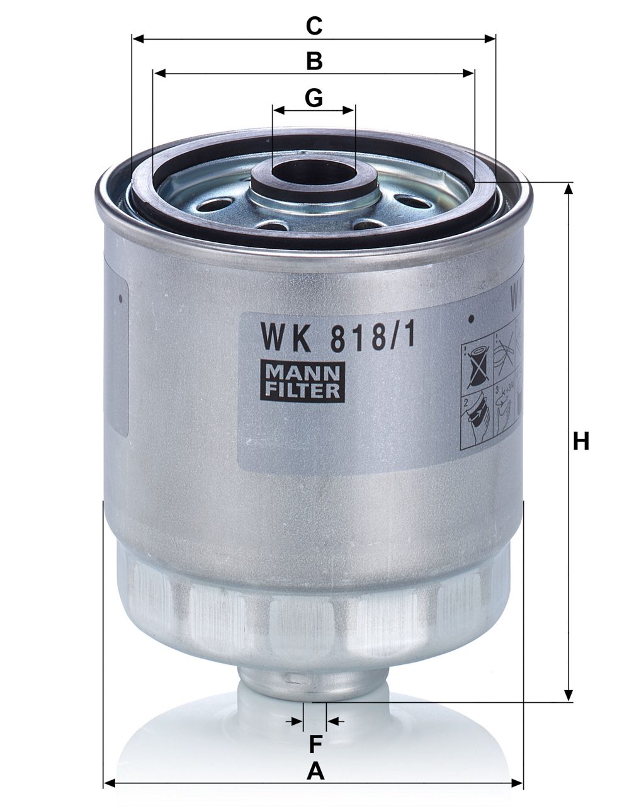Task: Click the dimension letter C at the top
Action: [x=314, y=26]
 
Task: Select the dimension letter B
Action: [x=314, y=62]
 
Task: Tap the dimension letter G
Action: [x=314, y=98]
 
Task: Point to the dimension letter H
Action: [x=580, y=441]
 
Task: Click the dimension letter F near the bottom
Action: [x=315, y=744]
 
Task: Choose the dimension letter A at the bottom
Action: [x=315, y=771]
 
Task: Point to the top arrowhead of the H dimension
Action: [x=570, y=188]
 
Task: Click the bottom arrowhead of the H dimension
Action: [x=570, y=695]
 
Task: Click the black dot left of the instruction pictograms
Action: [x=470, y=319]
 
